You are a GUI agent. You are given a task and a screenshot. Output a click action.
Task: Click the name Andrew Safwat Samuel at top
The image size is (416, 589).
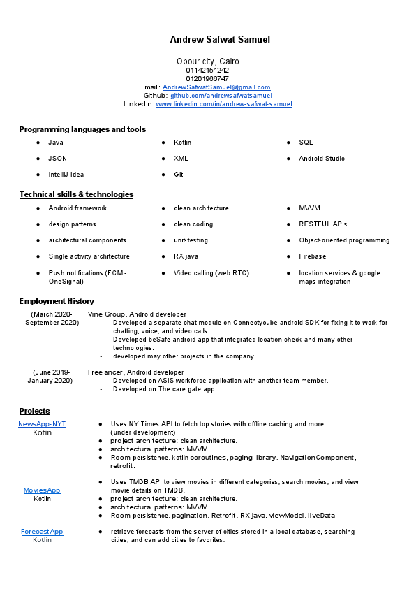point(219,40)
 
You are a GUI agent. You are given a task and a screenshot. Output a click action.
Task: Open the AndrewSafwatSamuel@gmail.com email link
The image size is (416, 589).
point(216,87)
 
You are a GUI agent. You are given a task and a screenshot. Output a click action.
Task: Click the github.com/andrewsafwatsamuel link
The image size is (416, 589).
point(221,96)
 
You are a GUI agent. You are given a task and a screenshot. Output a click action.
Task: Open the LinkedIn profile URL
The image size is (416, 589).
point(224,104)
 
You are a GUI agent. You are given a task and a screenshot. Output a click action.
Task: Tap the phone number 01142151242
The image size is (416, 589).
point(207,71)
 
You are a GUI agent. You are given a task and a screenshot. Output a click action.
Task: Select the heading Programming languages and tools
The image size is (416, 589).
point(82,129)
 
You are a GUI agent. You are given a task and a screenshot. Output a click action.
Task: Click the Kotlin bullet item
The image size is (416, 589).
point(182,143)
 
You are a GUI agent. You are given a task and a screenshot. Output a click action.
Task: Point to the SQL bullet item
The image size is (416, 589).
point(306,143)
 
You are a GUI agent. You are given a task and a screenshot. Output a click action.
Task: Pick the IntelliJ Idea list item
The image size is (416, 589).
point(66,175)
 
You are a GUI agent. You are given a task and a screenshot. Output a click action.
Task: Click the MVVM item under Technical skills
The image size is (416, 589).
point(309,208)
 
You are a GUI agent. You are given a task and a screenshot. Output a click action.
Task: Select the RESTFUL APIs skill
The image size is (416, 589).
point(322,224)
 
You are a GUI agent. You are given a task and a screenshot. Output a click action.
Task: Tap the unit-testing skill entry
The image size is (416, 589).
point(191,240)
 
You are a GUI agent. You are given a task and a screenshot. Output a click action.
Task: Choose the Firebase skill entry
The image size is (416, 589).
point(312,256)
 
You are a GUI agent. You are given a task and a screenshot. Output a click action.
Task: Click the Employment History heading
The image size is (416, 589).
point(57,301)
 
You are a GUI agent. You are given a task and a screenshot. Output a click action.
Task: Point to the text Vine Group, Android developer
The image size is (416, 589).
point(137,315)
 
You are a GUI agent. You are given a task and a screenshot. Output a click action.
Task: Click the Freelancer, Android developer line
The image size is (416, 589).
point(135,372)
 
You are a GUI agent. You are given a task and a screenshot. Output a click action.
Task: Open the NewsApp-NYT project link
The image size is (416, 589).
point(42,424)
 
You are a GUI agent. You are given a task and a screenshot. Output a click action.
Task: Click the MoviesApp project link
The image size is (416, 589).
point(42,490)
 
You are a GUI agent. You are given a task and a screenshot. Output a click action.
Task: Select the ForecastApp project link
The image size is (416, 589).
point(42,532)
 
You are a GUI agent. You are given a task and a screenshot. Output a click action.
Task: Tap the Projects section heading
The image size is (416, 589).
point(35,411)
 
